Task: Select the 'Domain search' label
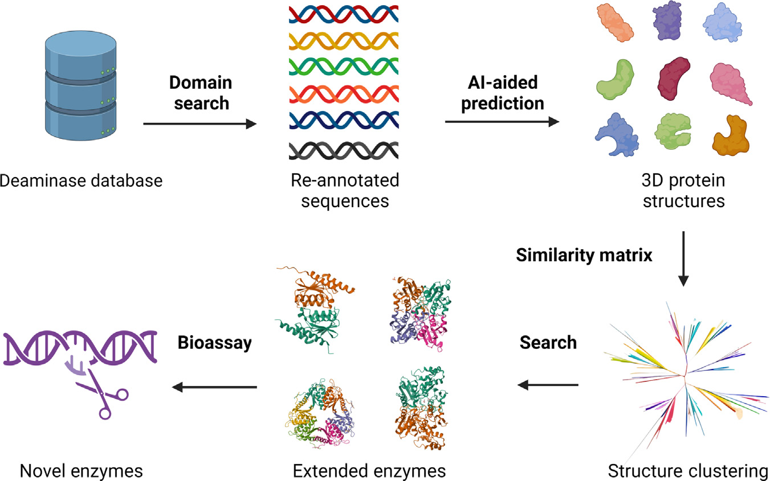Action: pyautogui.click(x=201, y=93)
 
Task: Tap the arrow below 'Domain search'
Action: pyautogui.click(x=200, y=124)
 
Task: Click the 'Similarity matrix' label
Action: pyautogui.click(x=584, y=255)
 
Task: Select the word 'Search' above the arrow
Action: pyautogui.click(x=548, y=343)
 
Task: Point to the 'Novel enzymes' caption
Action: pyautogui.click(x=81, y=471)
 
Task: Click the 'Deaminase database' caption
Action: pyautogui.click(x=81, y=181)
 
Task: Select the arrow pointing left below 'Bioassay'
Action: pyautogui.click(x=214, y=387)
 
